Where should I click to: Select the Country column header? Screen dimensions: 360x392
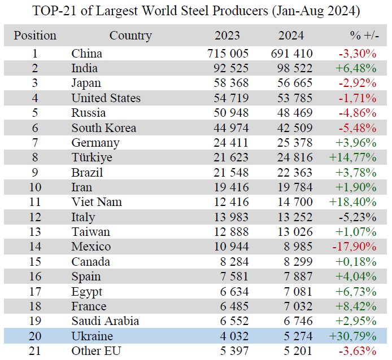pos(130,36)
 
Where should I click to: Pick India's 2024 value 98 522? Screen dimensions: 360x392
pos(291,68)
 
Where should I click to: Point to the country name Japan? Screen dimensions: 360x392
pos(86,83)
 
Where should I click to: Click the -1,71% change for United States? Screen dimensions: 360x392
pos(357,98)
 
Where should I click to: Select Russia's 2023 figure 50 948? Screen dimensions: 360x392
pos(233,113)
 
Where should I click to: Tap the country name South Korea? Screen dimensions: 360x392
pos(103,128)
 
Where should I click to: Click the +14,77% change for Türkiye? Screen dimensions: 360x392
pos(352,157)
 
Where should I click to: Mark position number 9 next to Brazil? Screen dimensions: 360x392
pos(35,172)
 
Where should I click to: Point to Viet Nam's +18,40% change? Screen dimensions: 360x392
pos(352,202)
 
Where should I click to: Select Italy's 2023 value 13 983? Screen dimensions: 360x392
pos(233,217)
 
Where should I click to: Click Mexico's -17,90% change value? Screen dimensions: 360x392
pos(355,247)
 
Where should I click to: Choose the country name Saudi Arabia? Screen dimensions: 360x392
pos(106,321)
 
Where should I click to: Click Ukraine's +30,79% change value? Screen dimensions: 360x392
pos(352,336)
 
